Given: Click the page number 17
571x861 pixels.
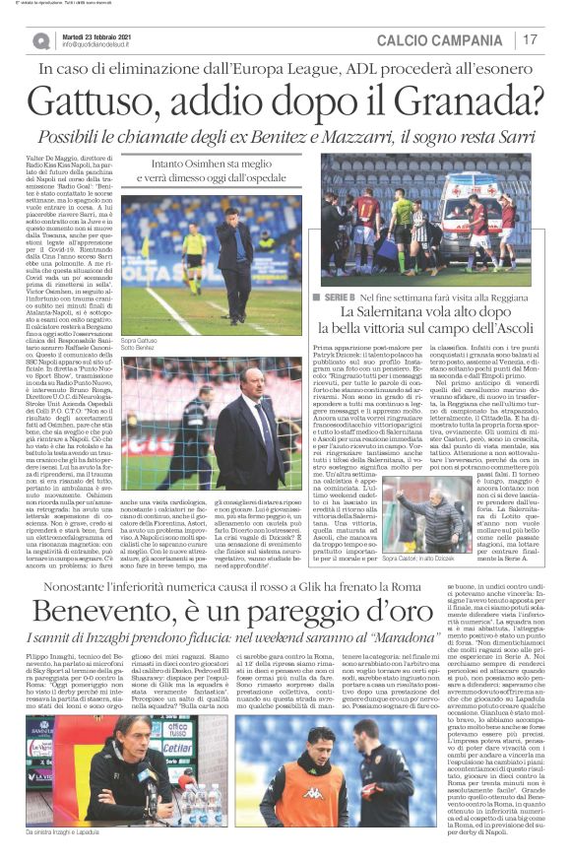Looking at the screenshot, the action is [531, 40].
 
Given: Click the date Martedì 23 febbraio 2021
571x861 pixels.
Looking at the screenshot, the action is [96, 35].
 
